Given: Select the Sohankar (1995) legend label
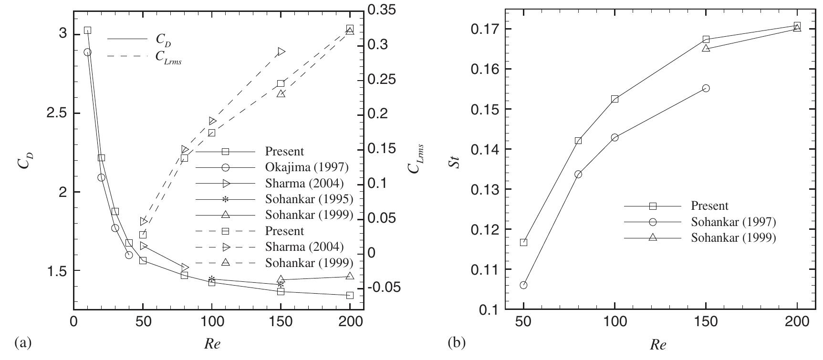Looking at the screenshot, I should (309, 199).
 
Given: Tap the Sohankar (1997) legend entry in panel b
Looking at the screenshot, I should (733, 222).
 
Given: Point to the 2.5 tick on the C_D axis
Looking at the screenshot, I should (57, 113).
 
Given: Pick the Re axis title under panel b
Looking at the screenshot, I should (659, 345).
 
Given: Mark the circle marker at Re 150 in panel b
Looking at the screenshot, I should (706, 88).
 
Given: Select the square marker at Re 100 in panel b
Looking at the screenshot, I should (615, 99).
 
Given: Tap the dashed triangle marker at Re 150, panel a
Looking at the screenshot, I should (281, 93).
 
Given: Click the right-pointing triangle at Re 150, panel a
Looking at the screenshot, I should (281, 51).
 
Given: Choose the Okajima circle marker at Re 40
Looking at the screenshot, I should (129, 255).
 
